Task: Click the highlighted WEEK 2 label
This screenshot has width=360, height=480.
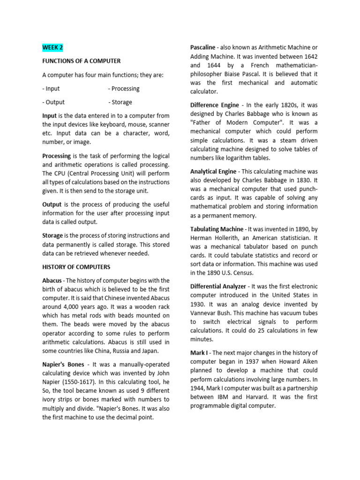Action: (52, 47)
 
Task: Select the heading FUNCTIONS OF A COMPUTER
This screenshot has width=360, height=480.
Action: (81, 61)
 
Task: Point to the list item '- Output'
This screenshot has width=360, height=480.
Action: (53, 102)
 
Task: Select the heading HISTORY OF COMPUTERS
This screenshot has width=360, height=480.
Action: (76, 267)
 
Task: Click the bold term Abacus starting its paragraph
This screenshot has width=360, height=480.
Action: (52, 280)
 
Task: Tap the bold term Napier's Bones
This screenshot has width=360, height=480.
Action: (63, 364)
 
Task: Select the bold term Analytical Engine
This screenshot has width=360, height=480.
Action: (213, 172)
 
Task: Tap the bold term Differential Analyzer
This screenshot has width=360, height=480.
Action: (218, 286)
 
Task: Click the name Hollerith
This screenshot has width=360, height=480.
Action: (226, 238)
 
